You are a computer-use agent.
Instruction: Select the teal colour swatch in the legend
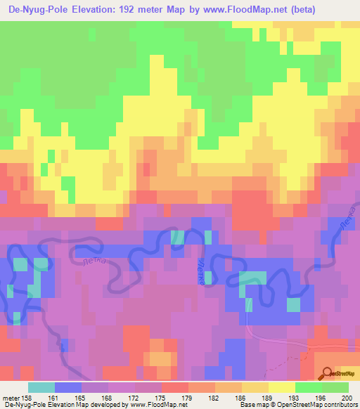click(41, 387)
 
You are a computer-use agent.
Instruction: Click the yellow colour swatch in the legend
click(281, 387)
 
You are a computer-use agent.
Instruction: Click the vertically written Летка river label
click(200, 271)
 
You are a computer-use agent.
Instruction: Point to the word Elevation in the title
click(98, 10)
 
